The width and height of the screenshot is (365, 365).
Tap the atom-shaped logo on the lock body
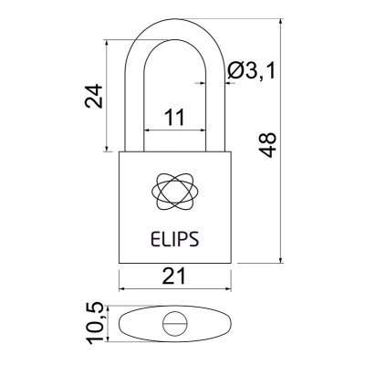[x=175, y=190]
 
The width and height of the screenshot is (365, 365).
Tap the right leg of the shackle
[x=215, y=100]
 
